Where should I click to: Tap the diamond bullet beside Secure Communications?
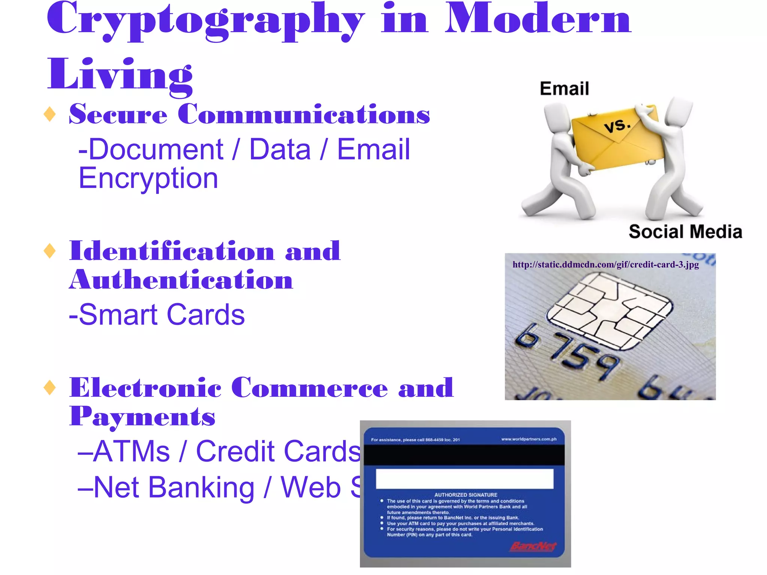point(50,114)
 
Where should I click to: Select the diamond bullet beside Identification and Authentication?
point(50,251)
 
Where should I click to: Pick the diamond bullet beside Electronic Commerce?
point(50,387)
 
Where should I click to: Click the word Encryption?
point(148,178)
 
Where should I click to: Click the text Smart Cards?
point(157,315)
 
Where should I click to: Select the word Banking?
point(201,487)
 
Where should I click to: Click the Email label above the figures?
point(564,89)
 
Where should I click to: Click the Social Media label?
point(685,232)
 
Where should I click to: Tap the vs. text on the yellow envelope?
point(618,126)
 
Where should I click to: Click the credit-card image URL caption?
point(606,265)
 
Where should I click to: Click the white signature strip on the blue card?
point(464,478)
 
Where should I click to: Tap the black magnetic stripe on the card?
point(464,455)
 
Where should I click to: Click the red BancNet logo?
point(533,547)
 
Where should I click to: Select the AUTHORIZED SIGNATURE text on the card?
point(466,495)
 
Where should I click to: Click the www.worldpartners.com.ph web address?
point(529,439)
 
